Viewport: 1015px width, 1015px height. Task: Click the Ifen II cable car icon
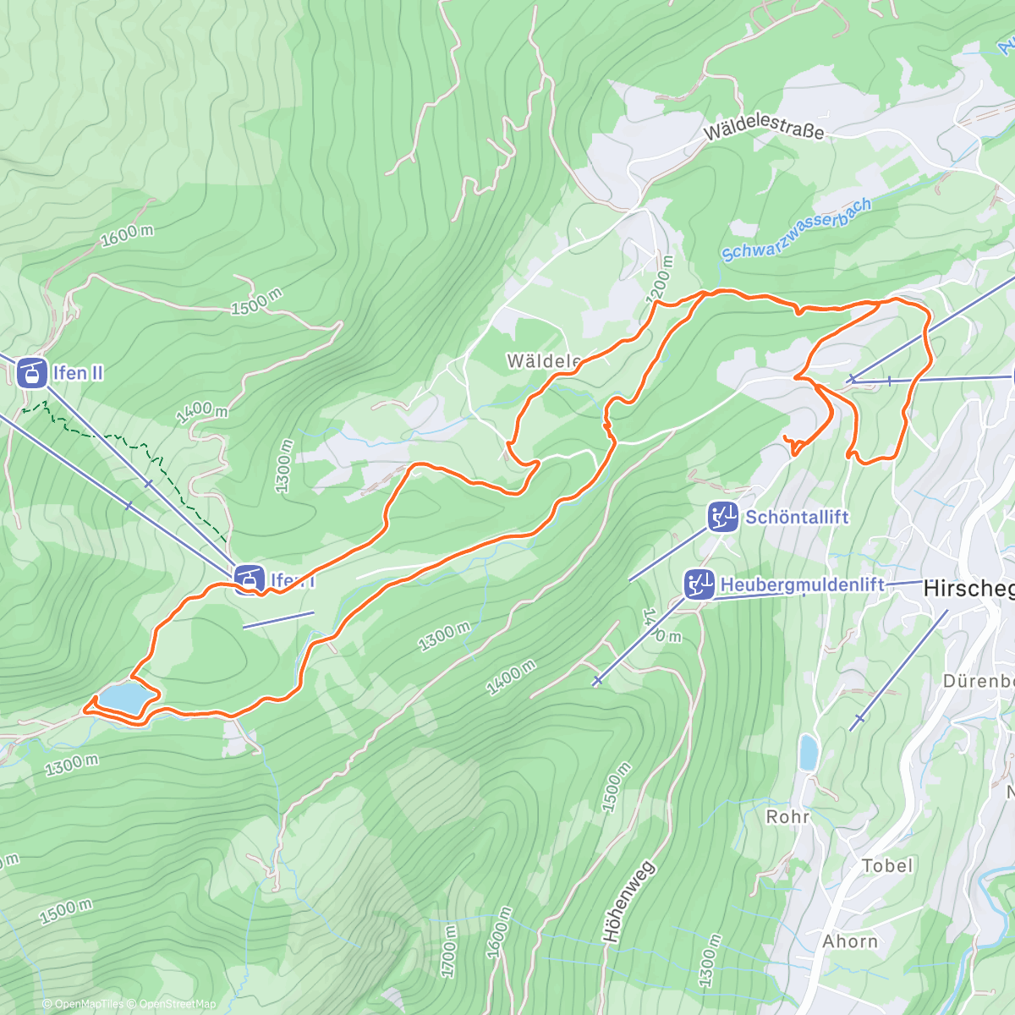(31, 373)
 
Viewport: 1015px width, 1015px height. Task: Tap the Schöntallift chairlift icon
(723, 516)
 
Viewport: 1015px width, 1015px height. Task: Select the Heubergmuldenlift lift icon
(699, 584)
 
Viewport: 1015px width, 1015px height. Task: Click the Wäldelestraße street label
(763, 129)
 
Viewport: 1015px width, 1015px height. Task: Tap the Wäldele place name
(543, 361)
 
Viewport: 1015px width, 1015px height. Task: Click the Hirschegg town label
(968, 588)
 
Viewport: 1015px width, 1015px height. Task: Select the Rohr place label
(787, 816)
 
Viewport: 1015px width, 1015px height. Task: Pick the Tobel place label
(887, 865)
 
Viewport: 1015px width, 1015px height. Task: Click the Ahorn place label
(850, 941)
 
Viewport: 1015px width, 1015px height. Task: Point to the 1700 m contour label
(449, 950)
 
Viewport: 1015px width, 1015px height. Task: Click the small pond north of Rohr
(809, 752)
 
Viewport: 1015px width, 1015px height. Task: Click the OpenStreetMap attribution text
(177, 1004)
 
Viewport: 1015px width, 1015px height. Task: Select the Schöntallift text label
(796, 517)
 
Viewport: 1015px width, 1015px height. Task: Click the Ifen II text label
(78, 373)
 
